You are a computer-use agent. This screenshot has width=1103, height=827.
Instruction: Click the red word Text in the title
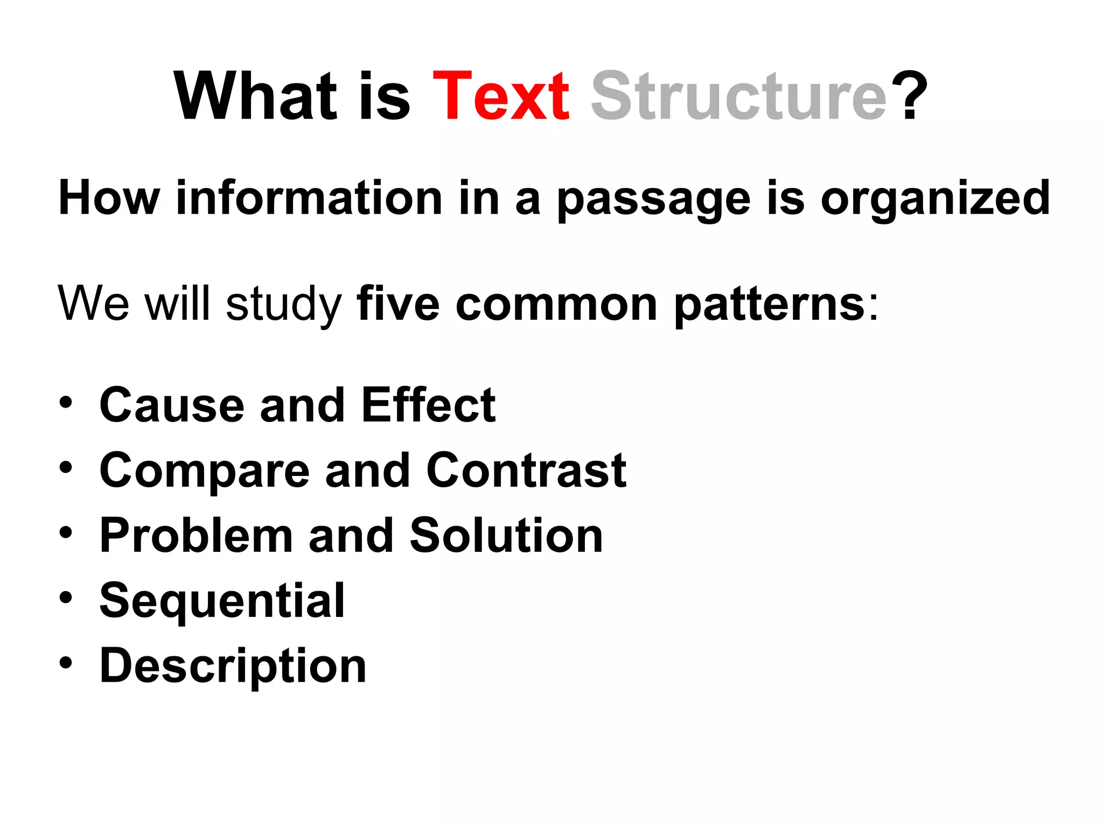(501, 97)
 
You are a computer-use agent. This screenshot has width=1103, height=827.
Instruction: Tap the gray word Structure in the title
(738, 97)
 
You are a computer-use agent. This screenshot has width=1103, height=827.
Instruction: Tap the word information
(310, 198)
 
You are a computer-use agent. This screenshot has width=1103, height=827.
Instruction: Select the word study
(284, 305)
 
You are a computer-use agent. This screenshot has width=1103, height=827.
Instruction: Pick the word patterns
(770, 305)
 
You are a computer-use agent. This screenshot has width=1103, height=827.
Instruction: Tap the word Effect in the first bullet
(428, 405)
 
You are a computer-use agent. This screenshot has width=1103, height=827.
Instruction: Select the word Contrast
(526, 470)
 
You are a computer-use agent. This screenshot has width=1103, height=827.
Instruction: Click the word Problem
(196, 535)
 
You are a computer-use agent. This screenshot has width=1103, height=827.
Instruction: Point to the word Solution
(506, 535)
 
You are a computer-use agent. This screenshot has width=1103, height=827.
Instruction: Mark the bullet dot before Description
(66, 663)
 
